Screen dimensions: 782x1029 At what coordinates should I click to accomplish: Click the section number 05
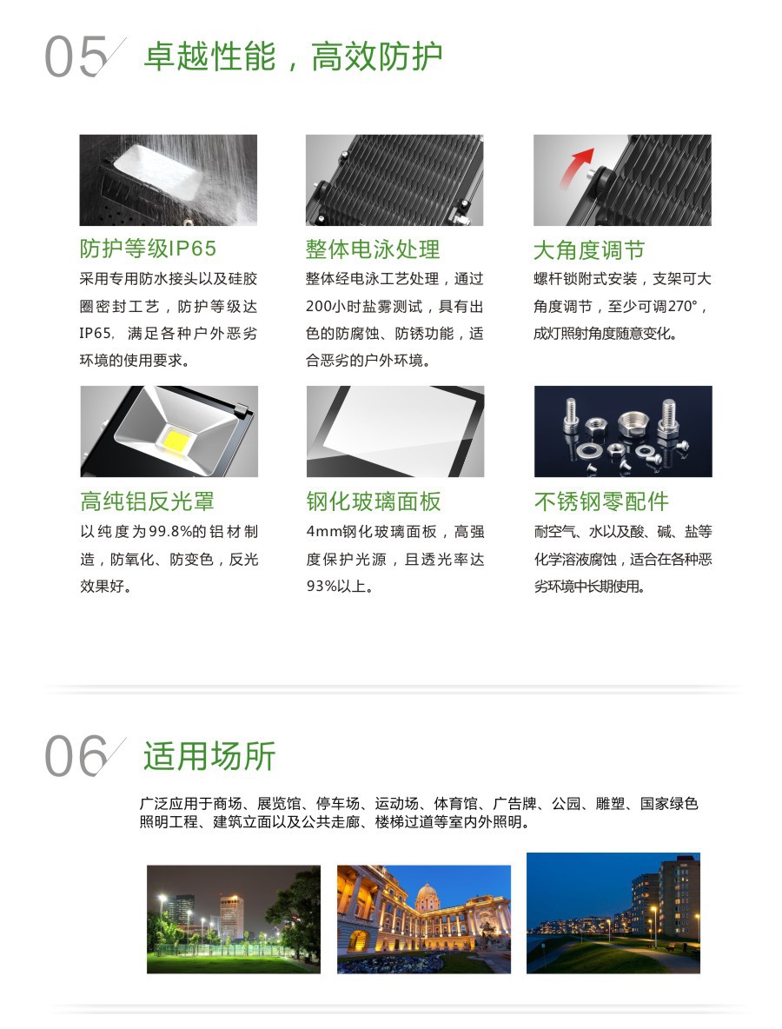click(x=76, y=56)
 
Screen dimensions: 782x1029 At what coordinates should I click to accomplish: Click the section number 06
click(x=76, y=756)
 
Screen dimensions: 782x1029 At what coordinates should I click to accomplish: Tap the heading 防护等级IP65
click(x=148, y=249)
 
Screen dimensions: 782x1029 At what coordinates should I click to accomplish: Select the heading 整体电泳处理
click(x=373, y=249)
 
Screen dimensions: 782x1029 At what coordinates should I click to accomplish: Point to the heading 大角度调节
click(x=588, y=250)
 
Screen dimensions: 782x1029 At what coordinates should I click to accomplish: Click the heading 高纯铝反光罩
click(x=147, y=501)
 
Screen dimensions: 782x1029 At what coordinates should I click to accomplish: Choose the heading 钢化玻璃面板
click(x=374, y=501)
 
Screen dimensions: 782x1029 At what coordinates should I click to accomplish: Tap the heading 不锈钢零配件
click(x=601, y=501)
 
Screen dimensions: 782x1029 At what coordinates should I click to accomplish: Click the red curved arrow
click(x=574, y=167)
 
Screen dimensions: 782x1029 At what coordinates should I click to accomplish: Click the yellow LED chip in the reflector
click(x=176, y=438)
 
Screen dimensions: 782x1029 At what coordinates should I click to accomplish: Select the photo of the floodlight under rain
click(x=168, y=181)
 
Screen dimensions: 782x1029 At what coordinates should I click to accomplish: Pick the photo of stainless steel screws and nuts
click(x=623, y=431)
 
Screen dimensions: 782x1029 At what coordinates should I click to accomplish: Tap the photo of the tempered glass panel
click(x=395, y=431)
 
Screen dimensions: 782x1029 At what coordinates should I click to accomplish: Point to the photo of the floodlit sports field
click(x=234, y=919)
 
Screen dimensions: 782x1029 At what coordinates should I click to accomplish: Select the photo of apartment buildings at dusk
click(x=613, y=913)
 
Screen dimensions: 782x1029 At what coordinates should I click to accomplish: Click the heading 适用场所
click(x=209, y=756)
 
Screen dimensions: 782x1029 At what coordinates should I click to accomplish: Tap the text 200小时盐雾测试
click(x=364, y=307)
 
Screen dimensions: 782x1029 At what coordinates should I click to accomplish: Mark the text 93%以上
click(x=340, y=586)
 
